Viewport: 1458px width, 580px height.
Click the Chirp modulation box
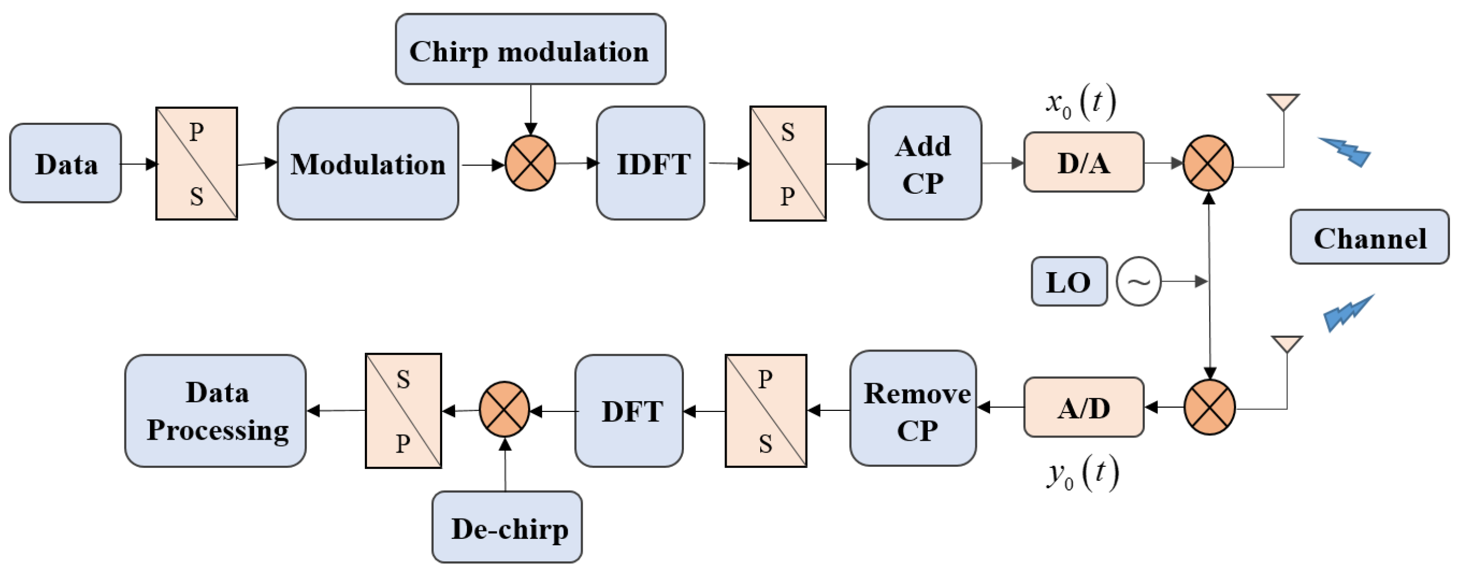tap(530, 50)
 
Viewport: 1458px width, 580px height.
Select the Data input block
tap(66, 163)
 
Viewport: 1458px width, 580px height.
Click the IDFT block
tap(651, 163)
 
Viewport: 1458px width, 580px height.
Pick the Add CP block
tap(925, 163)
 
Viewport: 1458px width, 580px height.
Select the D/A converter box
tap(1083, 163)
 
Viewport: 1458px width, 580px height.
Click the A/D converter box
tap(1083, 408)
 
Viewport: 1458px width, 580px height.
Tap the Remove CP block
tap(913, 409)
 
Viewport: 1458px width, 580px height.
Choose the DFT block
tap(630, 411)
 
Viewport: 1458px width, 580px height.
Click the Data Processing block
tap(216, 411)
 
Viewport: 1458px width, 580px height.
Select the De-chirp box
tap(507, 528)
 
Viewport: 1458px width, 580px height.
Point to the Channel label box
tap(1369, 237)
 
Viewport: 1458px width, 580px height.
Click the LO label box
tap(1069, 282)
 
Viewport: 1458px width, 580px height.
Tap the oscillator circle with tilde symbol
tap(1138, 282)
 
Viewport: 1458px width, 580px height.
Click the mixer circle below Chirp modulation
tap(530, 163)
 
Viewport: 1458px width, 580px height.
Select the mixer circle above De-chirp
tap(504, 409)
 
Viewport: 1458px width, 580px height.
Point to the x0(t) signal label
tap(1080, 103)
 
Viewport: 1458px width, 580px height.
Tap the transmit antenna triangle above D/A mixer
tap(1283, 102)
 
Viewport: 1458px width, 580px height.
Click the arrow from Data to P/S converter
tap(139, 164)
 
